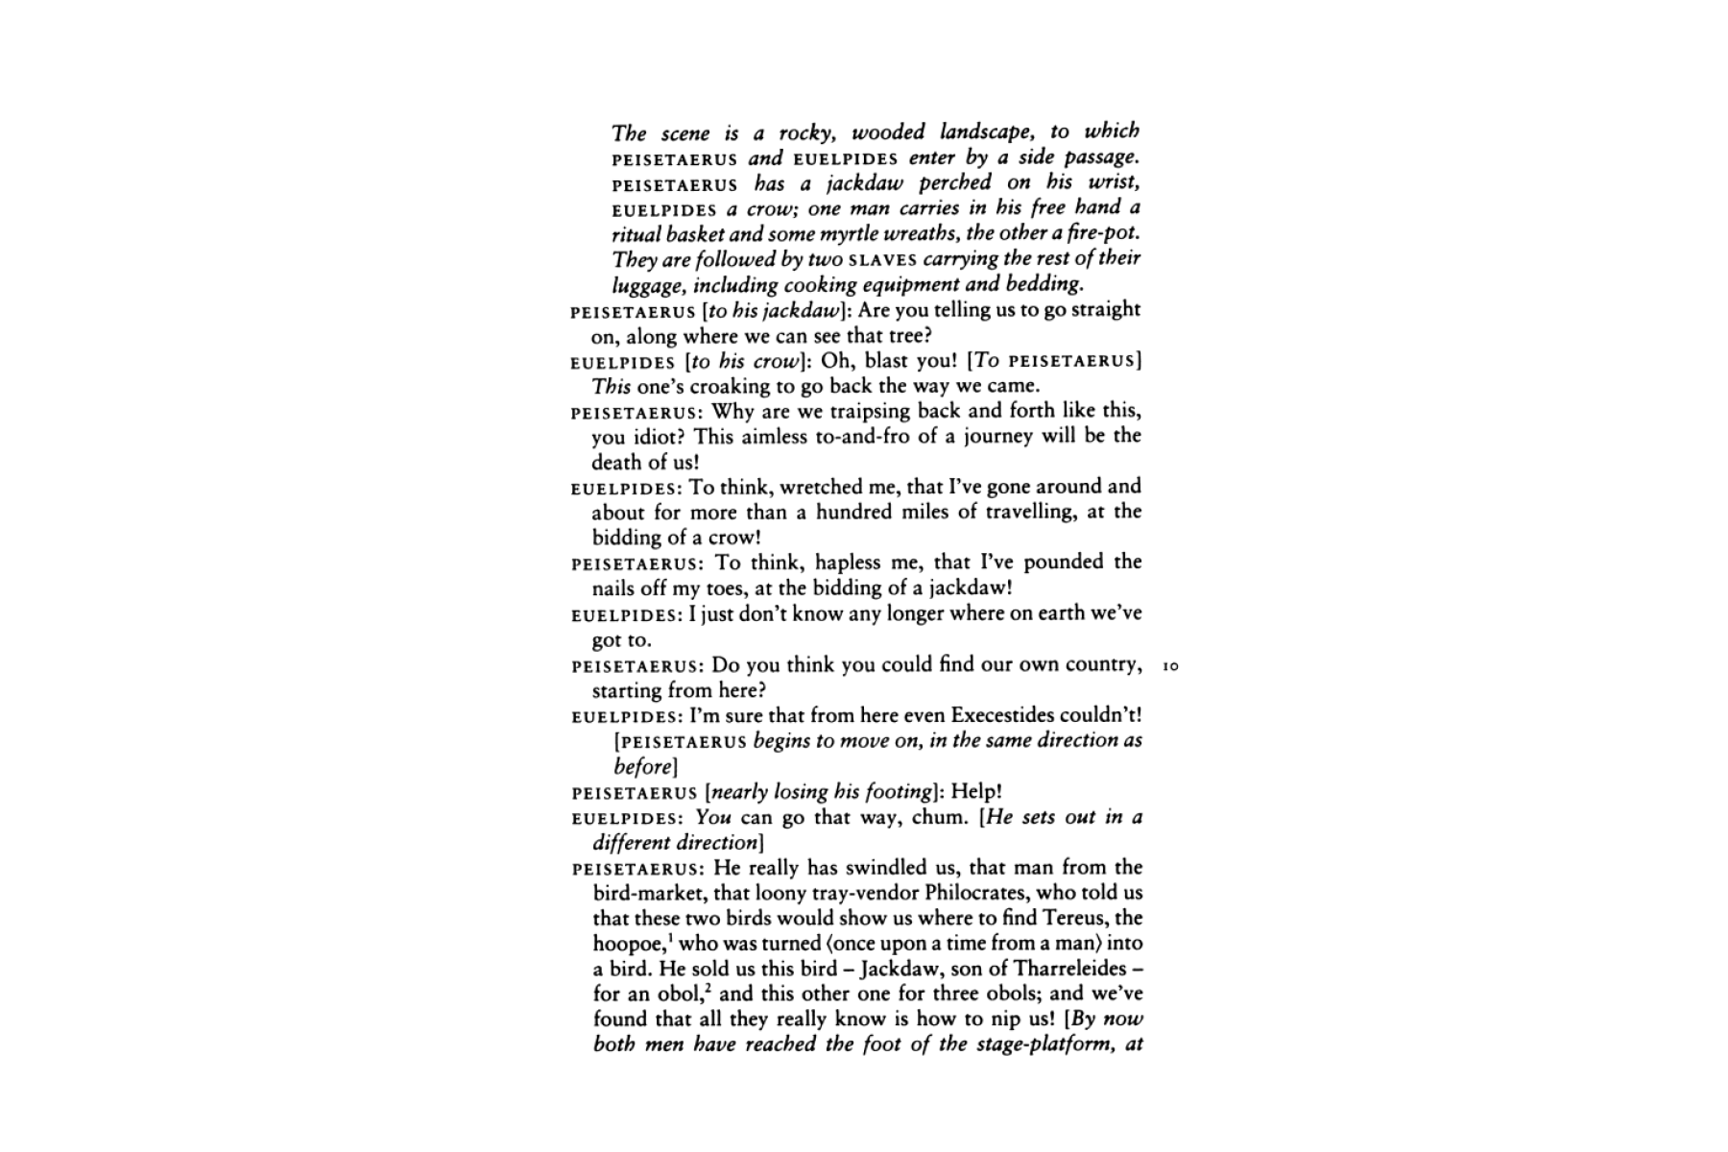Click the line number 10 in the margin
1170,665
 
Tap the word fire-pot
1102,233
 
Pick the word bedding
1044,284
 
